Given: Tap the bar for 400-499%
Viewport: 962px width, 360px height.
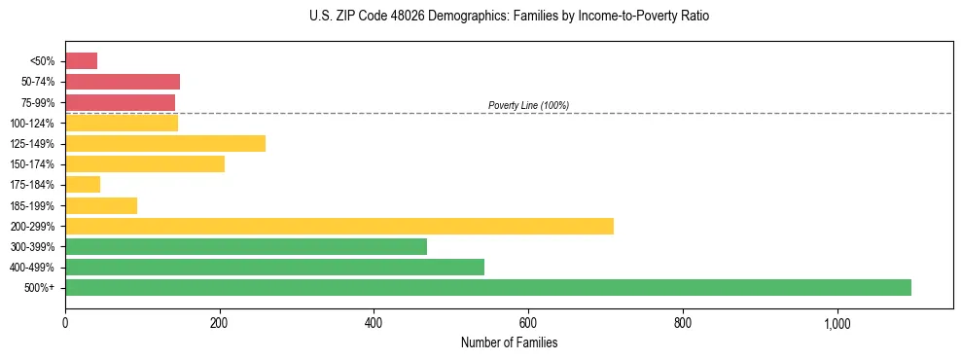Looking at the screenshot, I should click(x=274, y=267).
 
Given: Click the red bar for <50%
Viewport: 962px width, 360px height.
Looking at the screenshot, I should click(x=81, y=61).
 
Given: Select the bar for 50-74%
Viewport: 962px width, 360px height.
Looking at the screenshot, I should click(x=123, y=82).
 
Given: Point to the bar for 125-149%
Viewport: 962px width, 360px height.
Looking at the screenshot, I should click(x=165, y=144).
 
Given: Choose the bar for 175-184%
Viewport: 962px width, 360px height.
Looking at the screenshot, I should click(x=83, y=185).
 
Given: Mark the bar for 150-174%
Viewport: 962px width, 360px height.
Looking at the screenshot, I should click(x=145, y=164).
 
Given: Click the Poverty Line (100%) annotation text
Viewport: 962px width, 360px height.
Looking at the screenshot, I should click(x=528, y=105).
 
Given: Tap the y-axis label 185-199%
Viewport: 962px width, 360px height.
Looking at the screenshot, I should click(x=33, y=205).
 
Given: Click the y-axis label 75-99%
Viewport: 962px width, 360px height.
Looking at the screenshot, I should click(x=38, y=102).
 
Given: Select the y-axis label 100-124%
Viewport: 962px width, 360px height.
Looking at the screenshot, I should click(x=33, y=124).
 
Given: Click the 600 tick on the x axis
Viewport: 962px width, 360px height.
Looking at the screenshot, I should click(x=528, y=324).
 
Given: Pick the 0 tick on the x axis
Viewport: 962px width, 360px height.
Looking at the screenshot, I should click(x=65, y=324).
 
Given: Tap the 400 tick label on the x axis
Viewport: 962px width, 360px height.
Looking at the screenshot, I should click(x=374, y=324).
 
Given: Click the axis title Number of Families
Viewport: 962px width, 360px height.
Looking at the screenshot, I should click(x=509, y=342).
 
